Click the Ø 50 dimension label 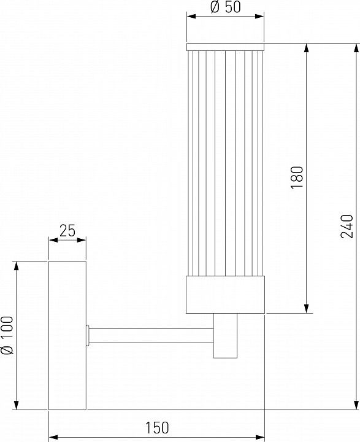[x=226, y=7]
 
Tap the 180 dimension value [x=297, y=177]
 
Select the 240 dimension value [x=347, y=227]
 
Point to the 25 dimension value [x=67, y=231]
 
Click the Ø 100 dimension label [x=7, y=336]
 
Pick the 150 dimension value [x=157, y=427]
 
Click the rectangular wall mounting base [x=67, y=335]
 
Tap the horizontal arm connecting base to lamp [x=151, y=335]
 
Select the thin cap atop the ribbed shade [x=225, y=47]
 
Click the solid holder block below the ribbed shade [x=225, y=295]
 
